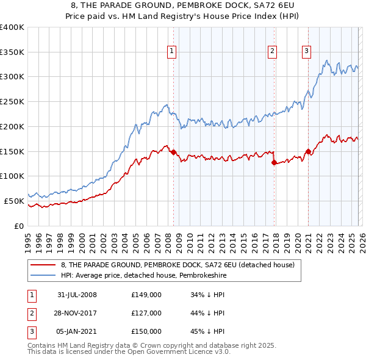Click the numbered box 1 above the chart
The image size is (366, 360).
pos(173,51)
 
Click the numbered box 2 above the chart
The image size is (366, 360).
pos(272,51)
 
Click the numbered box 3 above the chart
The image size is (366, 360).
pos(306,51)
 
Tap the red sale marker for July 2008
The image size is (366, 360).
pos(173,152)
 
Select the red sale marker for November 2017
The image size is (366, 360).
pos(274,163)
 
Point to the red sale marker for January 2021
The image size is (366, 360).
pos(308,151)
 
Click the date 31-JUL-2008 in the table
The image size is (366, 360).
pos(77,295)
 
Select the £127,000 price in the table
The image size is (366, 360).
pos(146,313)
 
